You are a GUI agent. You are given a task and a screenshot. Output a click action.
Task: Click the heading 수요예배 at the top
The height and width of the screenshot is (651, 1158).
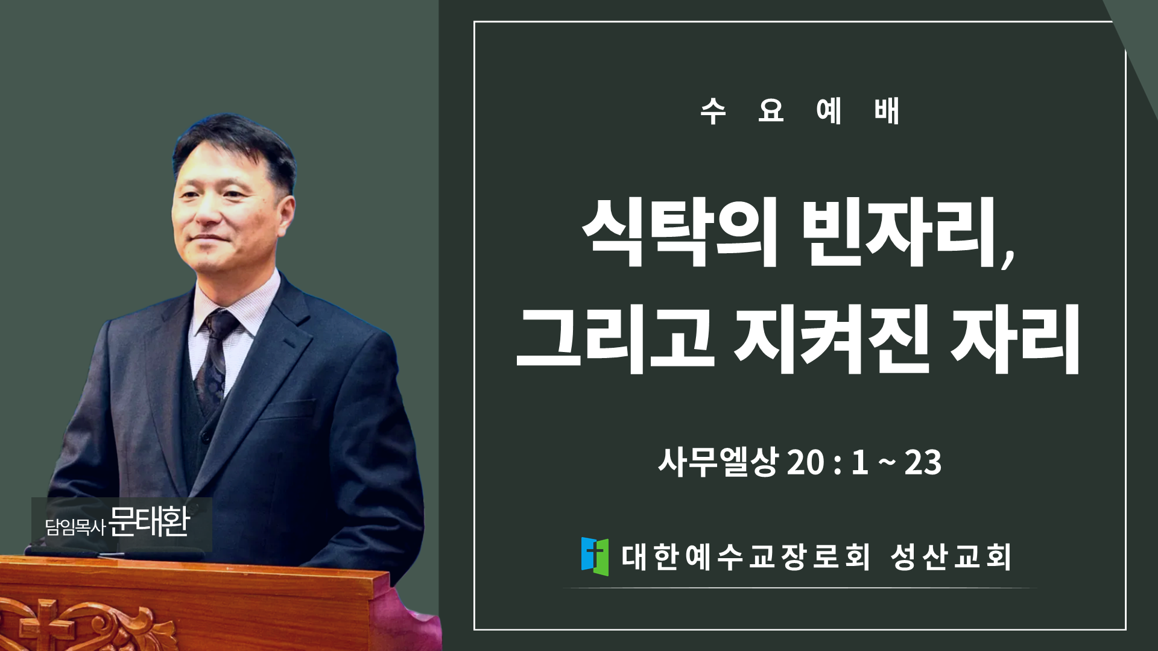coord(800,111)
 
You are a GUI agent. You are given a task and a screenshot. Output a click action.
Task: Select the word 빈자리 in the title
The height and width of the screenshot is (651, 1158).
coord(899,232)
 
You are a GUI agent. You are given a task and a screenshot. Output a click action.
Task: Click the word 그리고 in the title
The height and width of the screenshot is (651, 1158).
coord(616,339)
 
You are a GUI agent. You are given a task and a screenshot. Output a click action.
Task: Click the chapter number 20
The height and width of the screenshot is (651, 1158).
coord(806,463)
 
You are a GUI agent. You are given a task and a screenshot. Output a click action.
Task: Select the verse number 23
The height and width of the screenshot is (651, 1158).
coord(923,463)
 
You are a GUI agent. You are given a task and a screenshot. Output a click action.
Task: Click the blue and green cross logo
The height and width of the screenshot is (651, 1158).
coord(595,556)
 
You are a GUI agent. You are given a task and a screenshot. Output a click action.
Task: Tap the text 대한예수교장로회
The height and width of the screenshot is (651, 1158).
coord(745,556)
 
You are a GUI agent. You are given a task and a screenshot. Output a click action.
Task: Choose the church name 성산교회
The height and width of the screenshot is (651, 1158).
coord(951,556)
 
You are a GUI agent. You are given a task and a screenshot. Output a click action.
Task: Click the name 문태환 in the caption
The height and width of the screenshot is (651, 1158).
coord(150,522)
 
